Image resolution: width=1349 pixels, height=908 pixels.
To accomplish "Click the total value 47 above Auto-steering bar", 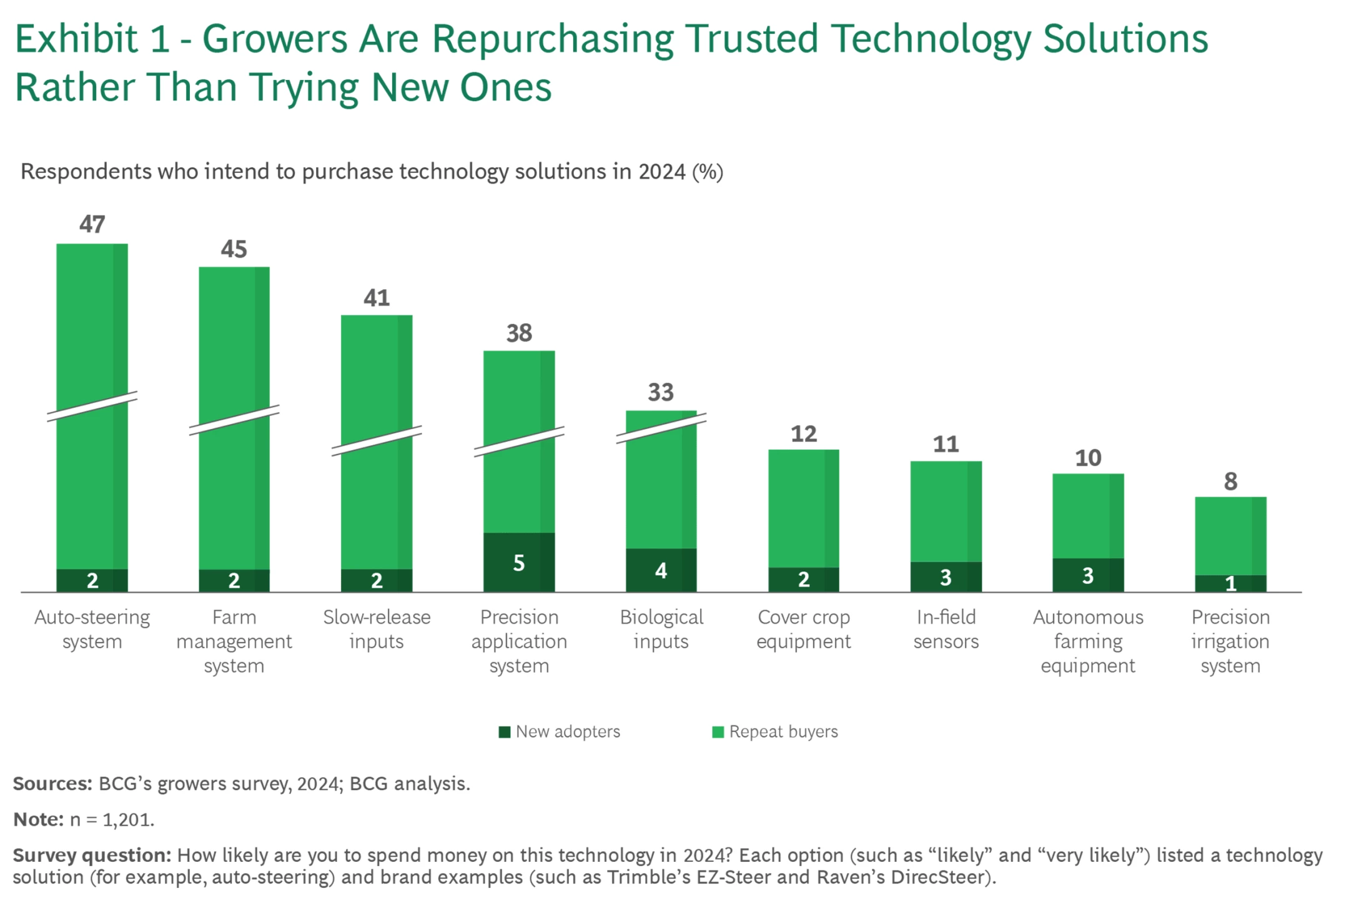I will pos(92,224).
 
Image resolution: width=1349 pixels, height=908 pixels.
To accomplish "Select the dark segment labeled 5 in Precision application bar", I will pos(518,562).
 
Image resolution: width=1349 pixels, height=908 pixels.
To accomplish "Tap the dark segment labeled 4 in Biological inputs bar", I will pos(661,570).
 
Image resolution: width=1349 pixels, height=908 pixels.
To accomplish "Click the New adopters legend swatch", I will pos(505,732).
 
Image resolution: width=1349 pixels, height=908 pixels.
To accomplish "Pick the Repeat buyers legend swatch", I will pos(718,732).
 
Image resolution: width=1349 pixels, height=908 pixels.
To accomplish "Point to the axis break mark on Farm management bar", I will pos(234,420).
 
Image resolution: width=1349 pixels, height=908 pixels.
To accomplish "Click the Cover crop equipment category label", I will pos(803,629).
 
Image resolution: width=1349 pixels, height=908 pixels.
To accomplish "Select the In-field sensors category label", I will pos(946,629).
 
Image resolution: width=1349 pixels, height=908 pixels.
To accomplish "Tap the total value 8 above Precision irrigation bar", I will pos(1230,481).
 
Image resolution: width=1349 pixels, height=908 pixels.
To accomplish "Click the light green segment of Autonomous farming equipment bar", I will pos(1088,515).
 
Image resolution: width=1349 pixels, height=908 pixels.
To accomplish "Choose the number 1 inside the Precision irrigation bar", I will pos(1230,583).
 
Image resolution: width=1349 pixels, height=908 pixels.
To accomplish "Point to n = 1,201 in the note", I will pos(112,819).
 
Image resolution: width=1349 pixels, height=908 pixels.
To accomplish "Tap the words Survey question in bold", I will pos(92,855).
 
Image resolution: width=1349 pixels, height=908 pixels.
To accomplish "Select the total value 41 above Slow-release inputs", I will pos(377,298).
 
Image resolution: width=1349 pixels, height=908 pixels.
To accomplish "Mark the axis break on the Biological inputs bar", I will pos(661,428).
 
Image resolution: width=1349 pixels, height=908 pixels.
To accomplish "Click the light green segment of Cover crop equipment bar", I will pos(803,508).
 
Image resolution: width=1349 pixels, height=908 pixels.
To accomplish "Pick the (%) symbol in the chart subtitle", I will pos(708,172).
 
